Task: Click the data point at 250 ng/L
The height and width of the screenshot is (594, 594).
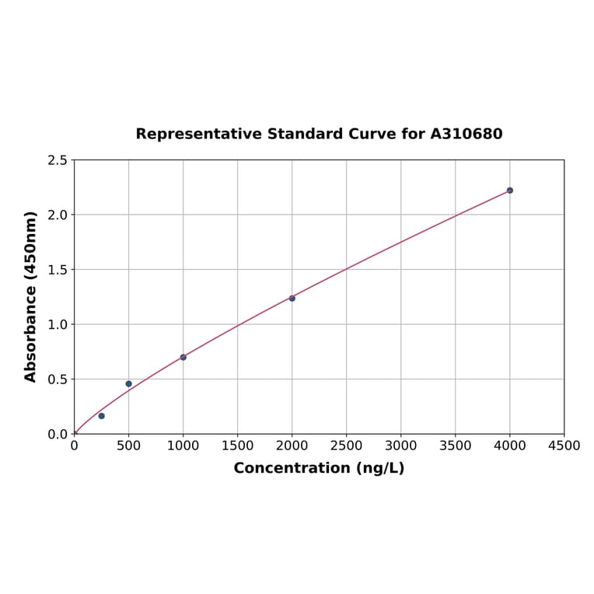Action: pyautogui.click(x=101, y=416)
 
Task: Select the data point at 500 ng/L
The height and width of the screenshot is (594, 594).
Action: pyautogui.click(x=128, y=383)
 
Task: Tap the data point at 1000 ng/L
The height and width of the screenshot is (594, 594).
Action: pyautogui.click(x=183, y=357)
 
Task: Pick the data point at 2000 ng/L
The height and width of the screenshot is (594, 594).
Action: pyautogui.click(x=292, y=298)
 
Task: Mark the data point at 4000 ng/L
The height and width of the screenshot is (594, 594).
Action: pyautogui.click(x=510, y=190)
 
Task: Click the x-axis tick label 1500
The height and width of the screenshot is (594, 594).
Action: pyautogui.click(x=237, y=445)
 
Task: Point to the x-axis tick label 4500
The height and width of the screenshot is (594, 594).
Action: pyautogui.click(x=564, y=445)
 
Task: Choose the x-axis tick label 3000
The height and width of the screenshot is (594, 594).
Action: pyautogui.click(x=400, y=445)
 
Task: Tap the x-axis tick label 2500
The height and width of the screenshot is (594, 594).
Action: pyautogui.click(x=346, y=445)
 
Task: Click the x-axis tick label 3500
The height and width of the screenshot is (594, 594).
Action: pyautogui.click(x=455, y=445)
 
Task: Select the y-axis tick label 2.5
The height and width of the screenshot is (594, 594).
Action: pyautogui.click(x=58, y=160)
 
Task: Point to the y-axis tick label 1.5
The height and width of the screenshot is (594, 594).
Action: pyautogui.click(x=58, y=270)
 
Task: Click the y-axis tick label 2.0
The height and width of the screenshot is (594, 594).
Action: pyautogui.click(x=58, y=215)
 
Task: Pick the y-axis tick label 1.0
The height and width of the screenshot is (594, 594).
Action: pyautogui.click(x=58, y=324)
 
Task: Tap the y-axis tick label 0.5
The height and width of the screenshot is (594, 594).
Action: pyautogui.click(x=58, y=379)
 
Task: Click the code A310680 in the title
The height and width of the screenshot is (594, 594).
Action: pyautogui.click(x=466, y=134)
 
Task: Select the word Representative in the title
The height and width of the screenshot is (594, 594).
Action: pyautogui.click(x=199, y=134)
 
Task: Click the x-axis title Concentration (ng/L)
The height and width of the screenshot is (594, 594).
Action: pyautogui.click(x=319, y=468)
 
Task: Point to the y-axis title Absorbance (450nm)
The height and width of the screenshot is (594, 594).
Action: pyautogui.click(x=31, y=296)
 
